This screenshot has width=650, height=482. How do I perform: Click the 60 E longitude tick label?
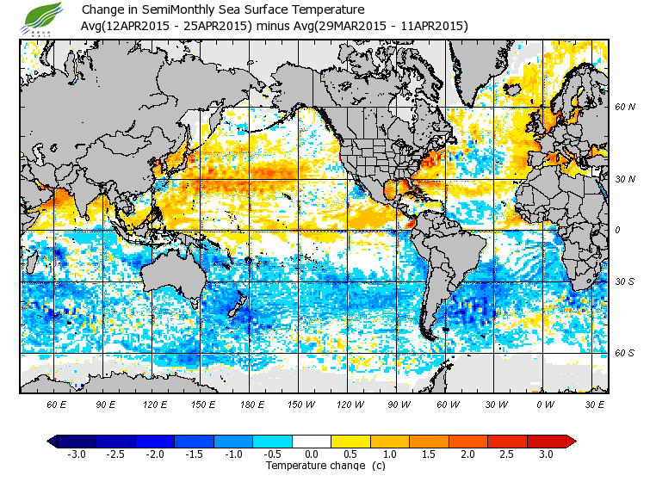[57, 404]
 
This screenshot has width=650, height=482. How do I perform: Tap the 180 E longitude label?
[251, 404]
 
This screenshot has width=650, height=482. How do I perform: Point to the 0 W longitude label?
[544, 404]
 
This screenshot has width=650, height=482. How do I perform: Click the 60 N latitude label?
[625, 108]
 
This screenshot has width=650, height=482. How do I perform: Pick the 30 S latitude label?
[625, 282]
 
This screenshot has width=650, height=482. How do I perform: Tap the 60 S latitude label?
[625, 353]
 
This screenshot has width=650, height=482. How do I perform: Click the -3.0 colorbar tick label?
[77, 454]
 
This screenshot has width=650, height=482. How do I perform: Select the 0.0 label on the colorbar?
[312, 454]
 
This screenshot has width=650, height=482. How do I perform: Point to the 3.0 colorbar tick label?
[547, 454]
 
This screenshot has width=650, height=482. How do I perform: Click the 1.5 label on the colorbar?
[429, 454]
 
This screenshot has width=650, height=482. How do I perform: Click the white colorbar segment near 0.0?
[312, 441]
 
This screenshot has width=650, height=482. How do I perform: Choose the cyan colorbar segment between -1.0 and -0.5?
[272, 441]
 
